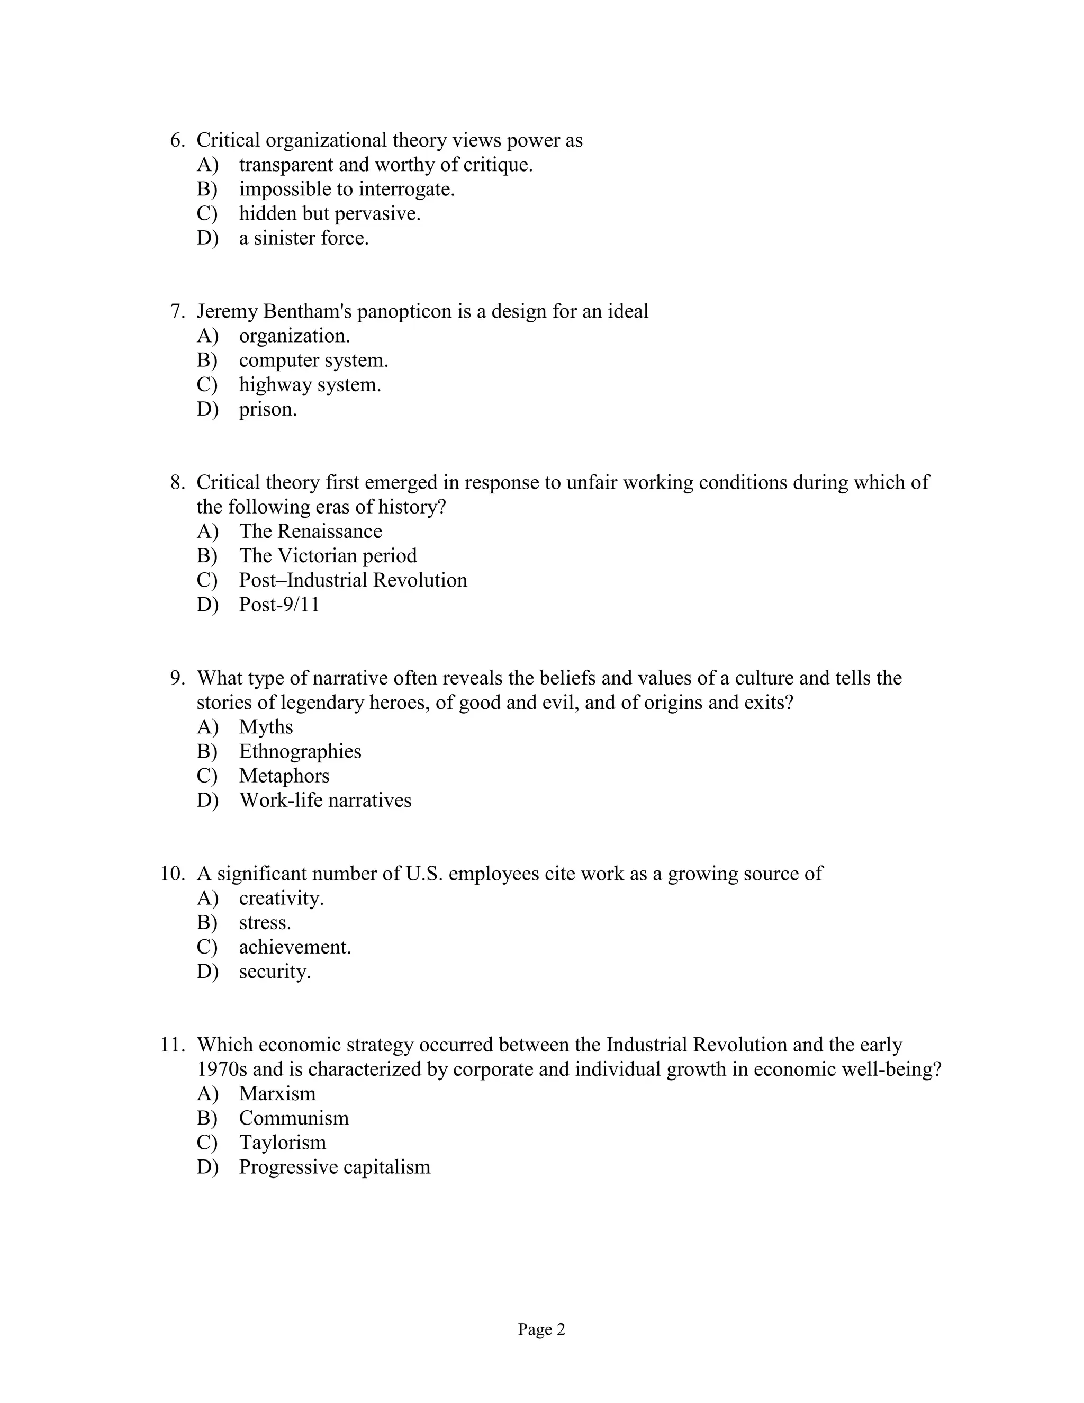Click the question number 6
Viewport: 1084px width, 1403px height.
[177, 141]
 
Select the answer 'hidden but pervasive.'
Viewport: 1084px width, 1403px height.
[329, 214]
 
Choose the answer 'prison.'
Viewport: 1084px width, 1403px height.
[268, 409]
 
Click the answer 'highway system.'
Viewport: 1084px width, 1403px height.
[310, 385]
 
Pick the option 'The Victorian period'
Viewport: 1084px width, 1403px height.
[328, 556]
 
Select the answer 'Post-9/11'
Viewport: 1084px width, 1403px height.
[279, 605]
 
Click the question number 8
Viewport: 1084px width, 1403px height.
[177, 482]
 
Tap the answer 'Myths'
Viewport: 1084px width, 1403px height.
[266, 727]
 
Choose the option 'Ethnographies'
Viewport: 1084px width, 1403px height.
[300, 752]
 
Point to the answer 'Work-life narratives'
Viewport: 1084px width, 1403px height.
[325, 801]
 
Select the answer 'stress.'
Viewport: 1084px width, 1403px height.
[265, 923]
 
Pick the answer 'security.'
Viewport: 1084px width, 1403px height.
[275, 972]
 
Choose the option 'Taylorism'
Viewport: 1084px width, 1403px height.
[283, 1143]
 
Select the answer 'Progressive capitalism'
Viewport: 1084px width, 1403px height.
[335, 1167]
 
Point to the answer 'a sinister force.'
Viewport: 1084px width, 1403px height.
[304, 238]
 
